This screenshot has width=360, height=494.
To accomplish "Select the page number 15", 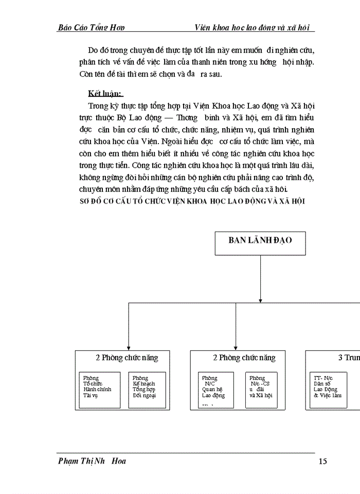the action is click(x=322, y=461).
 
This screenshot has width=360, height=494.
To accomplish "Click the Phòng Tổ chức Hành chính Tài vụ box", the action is click(x=100, y=389).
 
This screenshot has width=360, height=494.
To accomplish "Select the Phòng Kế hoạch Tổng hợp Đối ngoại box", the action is click(x=147, y=389).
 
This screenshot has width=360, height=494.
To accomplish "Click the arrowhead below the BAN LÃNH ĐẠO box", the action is click(x=260, y=299).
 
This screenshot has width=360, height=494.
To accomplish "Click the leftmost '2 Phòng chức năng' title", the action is click(x=127, y=358).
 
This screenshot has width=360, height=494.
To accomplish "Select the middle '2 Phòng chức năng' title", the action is click(x=244, y=358).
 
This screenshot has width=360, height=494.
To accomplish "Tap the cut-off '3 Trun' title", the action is click(x=348, y=358).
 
